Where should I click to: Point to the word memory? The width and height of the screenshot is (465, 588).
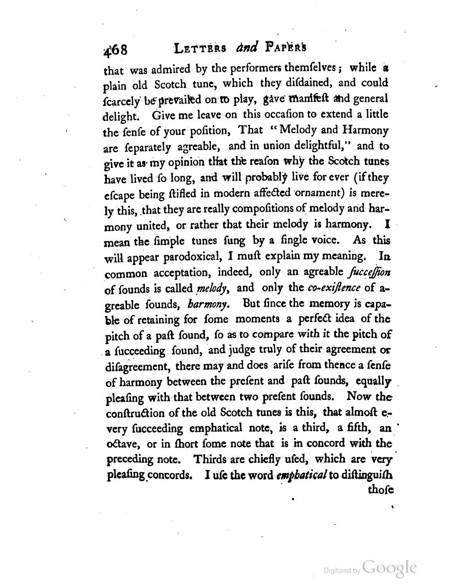323,304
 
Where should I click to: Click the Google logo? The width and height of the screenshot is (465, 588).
389,568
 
